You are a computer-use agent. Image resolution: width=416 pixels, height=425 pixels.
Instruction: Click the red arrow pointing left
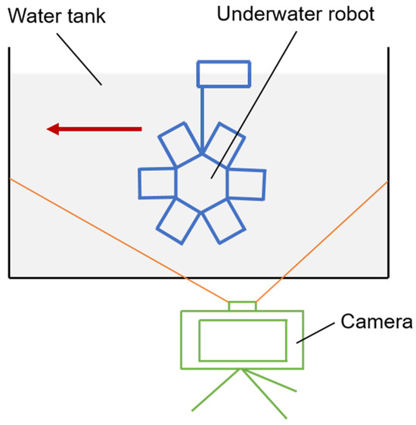pos(94,129)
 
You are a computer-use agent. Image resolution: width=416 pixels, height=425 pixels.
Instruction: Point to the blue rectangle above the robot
pos(223,74)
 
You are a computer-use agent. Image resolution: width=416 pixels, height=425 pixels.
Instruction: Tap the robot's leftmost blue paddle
pos(158,185)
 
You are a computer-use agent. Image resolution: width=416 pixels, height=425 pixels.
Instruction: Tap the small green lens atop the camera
pos(242,306)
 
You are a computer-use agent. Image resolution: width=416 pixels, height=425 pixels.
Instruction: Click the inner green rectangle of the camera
pos(242,340)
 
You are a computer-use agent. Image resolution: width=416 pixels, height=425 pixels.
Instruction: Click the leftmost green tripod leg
pos(216,390)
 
